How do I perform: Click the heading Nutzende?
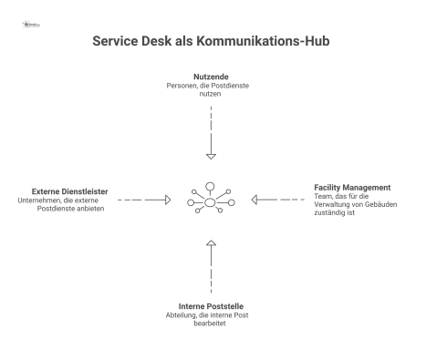pyautogui.click(x=211, y=76)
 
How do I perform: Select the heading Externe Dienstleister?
pyautogui.click(x=64, y=190)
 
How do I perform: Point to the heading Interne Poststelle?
pyautogui.click(x=211, y=306)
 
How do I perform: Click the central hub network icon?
pyautogui.click(x=211, y=199)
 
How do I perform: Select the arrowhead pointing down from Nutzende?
pyautogui.click(x=211, y=154)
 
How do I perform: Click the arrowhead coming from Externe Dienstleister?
pyautogui.click(x=166, y=199)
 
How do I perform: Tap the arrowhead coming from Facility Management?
pyautogui.click(x=256, y=199)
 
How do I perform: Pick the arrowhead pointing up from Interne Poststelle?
pyautogui.click(x=211, y=243)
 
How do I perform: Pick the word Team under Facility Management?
pyautogui.click(x=323, y=196)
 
